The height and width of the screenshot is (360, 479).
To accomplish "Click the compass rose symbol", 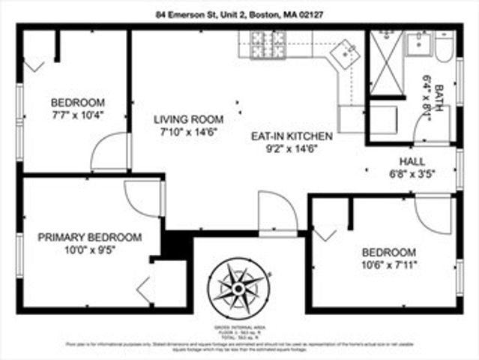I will pyautogui.click(x=239, y=286).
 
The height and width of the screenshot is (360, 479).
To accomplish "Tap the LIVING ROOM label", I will pyautogui.click(x=189, y=119).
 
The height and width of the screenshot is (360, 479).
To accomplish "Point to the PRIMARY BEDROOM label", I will pyautogui.click(x=90, y=238).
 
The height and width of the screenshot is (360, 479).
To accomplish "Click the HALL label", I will pyautogui.click(x=412, y=161).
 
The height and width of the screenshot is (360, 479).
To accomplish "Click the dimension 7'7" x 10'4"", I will pyautogui.click(x=78, y=115).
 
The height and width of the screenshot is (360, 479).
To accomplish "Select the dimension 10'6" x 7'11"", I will pyautogui.click(x=388, y=265).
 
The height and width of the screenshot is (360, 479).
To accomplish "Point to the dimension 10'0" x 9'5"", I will pyautogui.click(x=90, y=250).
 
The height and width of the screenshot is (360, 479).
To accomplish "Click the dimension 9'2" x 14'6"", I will pyautogui.click(x=292, y=149).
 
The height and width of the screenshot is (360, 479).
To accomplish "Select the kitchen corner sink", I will pyautogui.click(x=346, y=53).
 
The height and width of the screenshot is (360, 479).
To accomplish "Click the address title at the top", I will pyautogui.click(x=240, y=13).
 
